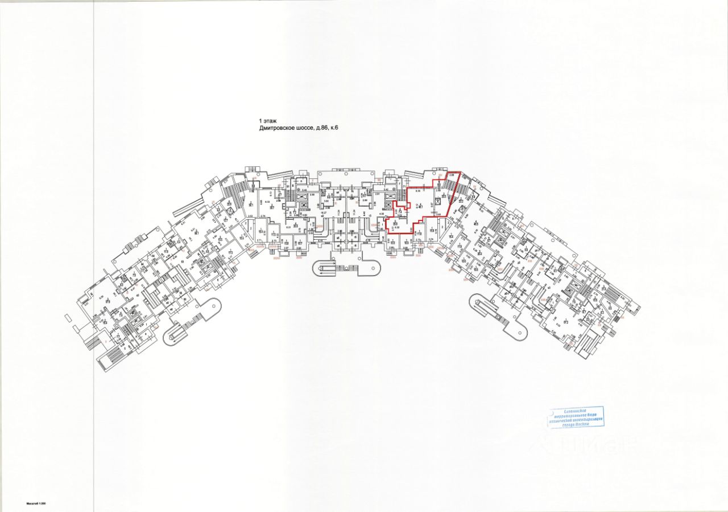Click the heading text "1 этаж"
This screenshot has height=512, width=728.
coord(268,121)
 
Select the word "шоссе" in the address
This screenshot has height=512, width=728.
coord(313,129)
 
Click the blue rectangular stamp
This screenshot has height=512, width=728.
coord(576,417)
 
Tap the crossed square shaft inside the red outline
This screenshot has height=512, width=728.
coord(440,199)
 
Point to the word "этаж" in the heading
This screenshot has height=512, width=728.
coord(271,121)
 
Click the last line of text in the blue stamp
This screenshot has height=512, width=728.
coord(576,425)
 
